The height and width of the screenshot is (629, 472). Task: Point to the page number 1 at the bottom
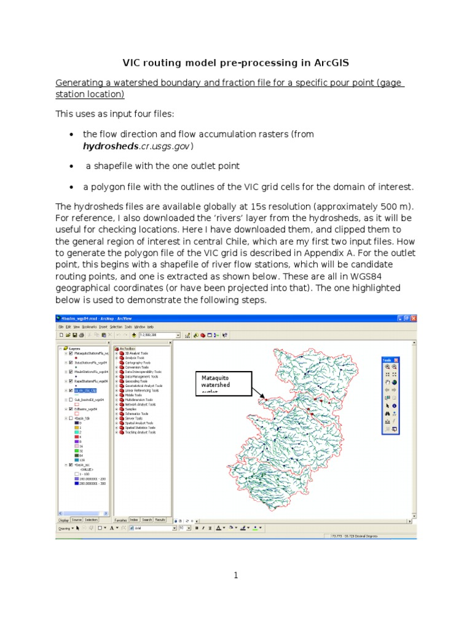point(235,575)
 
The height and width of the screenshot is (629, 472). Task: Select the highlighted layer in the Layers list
point(85,389)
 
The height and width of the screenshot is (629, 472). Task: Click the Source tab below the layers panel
point(77,520)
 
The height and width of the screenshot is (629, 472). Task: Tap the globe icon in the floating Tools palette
point(394,383)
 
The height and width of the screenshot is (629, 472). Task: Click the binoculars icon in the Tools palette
point(387,413)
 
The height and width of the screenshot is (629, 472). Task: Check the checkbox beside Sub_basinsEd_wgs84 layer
point(71,399)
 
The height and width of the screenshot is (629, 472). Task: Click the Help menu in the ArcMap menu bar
point(151,327)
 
